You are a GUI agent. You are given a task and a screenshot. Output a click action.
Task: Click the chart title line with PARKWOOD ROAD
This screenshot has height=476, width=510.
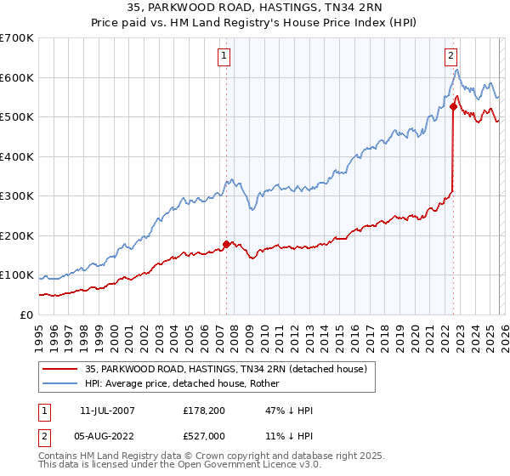(255, 8)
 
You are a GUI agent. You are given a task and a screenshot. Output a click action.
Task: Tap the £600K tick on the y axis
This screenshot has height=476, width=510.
(16, 77)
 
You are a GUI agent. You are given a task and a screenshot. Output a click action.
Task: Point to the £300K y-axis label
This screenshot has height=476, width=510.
(16, 196)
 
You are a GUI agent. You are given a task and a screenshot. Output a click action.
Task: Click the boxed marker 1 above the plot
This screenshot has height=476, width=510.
(224, 57)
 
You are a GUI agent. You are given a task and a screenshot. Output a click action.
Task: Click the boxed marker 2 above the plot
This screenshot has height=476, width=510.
(450, 57)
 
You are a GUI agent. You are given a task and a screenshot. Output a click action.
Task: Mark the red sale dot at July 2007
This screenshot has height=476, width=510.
(226, 244)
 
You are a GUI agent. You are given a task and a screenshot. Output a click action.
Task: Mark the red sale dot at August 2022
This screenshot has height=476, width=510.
(453, 106)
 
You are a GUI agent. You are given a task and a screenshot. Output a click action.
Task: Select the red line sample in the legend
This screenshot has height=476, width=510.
(59, 369)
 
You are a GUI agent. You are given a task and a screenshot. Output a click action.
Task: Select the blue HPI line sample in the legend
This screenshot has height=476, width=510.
(59, 383)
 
